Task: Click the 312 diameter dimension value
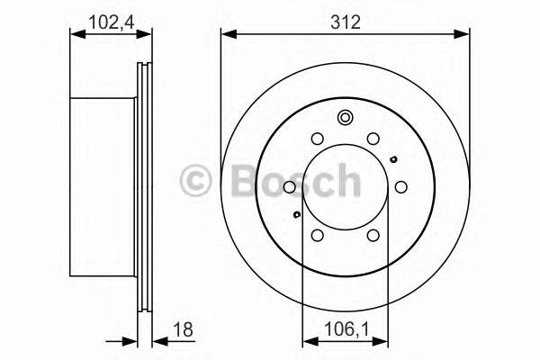click(x=345, y=22)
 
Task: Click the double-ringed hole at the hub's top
click(x=344, y=118)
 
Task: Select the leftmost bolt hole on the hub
click(x=289, y=187)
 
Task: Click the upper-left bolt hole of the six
click(x=316, y=139)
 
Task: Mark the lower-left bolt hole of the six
click(x=316, y=235)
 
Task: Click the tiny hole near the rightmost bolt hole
click(x=393, y=160)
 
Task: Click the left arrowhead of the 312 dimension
click(x=227, y=36)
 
